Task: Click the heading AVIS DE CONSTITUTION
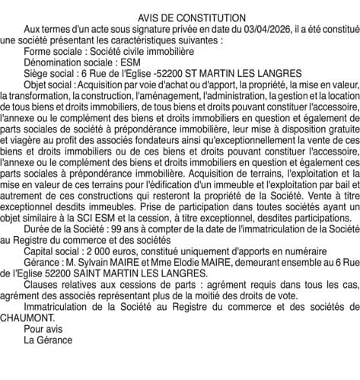coord(181,18)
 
